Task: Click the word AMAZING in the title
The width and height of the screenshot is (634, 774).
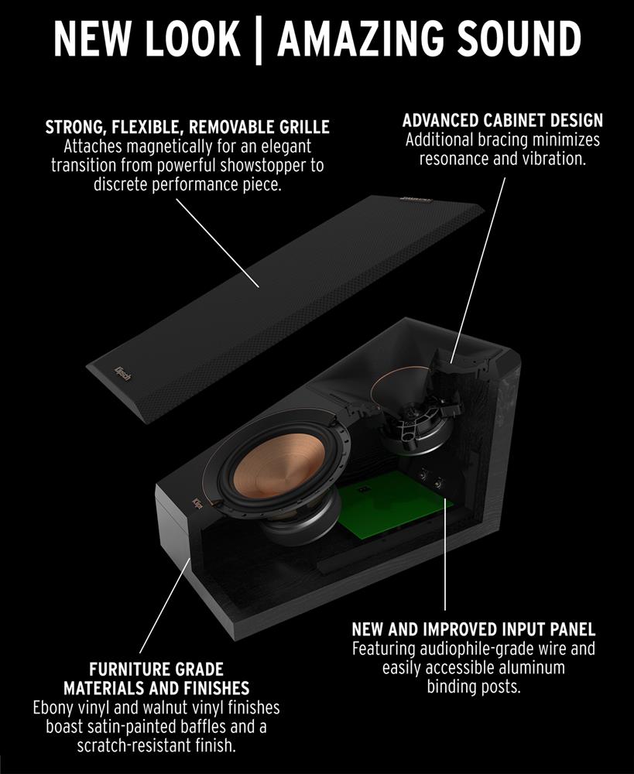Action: tap(362, 39)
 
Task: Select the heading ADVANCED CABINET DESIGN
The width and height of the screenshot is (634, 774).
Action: tap(502, 121)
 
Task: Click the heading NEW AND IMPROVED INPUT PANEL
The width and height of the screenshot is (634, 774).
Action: tap(474, 629)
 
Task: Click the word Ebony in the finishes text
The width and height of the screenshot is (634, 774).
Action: tap(53, 708)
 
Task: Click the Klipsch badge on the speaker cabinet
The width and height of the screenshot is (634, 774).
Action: tap(197, 505)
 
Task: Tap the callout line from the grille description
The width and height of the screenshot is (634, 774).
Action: tap(218, 243)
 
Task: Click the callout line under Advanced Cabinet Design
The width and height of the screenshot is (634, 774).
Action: tap(478, 270)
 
